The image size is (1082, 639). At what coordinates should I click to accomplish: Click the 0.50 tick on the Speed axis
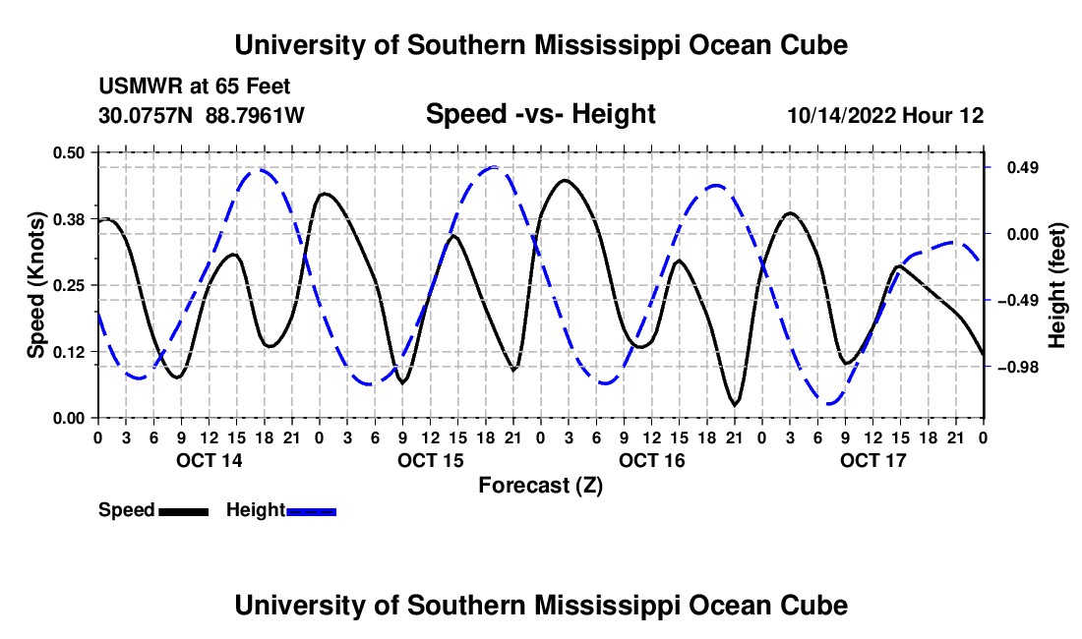(x=68, y=152)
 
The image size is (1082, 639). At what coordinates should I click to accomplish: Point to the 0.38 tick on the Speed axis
(x=68, y=219)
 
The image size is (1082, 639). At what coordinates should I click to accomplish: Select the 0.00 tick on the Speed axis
(x=68, y=419)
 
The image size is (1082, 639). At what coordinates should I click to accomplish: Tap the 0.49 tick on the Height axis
(x=1023, y=168)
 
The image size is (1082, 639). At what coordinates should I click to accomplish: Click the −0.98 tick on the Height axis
(x=1018, y=368)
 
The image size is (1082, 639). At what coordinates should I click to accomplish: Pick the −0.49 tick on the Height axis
(x=1018, y=301)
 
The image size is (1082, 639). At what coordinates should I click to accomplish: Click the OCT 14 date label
(x=210, y=460)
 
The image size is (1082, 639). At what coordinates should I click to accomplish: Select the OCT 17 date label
(x=872, y=460)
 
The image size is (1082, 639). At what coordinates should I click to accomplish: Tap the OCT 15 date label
(x=431, y=460)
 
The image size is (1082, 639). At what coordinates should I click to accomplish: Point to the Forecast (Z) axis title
(x=540, y=486)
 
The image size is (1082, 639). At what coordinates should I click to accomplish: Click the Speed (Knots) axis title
(x=35, y=285)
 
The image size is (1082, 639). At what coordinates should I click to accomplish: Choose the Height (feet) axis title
(x=1056, y=285)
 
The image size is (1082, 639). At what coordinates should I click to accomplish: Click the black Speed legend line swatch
(x=184, y=512)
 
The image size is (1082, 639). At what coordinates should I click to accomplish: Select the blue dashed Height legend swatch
(x=311, y=512)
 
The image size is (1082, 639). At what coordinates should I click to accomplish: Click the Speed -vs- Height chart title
(x=540, y=114)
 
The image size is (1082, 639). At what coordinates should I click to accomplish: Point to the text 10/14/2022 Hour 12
(x=885, y=115)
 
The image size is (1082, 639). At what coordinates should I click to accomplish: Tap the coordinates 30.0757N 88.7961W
(x=201, y=115)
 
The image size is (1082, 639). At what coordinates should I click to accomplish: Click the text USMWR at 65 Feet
(x=195, y=87)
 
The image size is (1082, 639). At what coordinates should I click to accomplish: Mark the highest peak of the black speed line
(x=566, y=180)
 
